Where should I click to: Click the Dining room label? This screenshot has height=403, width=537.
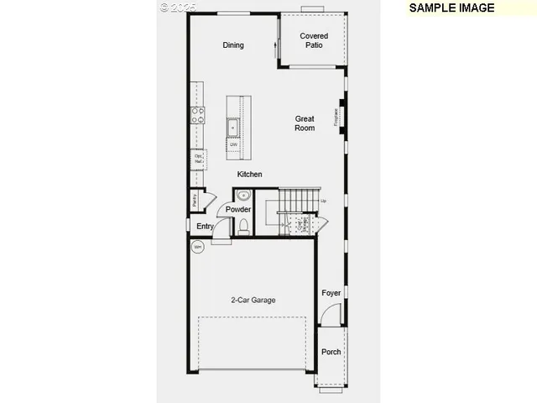click(233, 45)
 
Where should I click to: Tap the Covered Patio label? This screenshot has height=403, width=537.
click(314, 40)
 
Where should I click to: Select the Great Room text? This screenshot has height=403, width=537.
click(305, 123)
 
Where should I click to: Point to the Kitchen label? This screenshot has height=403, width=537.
click(249, 175)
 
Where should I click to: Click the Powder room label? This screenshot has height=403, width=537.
click(237, 209)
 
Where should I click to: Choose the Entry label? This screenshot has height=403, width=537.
click(205, 227)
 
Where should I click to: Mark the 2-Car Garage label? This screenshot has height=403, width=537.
click(253, 300)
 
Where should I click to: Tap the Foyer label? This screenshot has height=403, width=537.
click(331, 293)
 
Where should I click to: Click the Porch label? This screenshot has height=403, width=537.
click(331, 352)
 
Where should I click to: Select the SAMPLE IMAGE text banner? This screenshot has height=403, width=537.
click(451, 8)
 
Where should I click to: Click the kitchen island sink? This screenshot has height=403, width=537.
click(234, 127)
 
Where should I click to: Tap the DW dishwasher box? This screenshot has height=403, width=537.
click(234, 144)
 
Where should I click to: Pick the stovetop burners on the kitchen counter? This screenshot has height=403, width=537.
click(199, 115)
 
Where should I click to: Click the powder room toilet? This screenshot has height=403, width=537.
click(244, 227)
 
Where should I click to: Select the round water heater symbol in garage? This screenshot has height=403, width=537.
click(198, 247)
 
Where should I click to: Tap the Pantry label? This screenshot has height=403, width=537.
click(195, 200)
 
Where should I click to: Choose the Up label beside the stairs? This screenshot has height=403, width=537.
click(324, 201)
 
